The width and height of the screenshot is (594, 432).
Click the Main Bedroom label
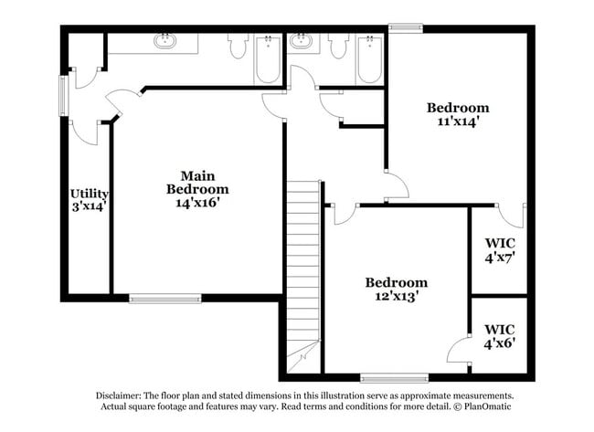pyautogui.click(x=197, y=183)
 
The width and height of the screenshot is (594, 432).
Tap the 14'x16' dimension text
pyautogui.click(x=197, y=203)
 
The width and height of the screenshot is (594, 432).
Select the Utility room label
pyautogui.click(x=90, y=194)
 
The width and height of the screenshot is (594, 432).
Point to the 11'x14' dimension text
pyautogui.click(x=459, y=121)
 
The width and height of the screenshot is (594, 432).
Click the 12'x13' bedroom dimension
pyautogui.click(x=397, y=296)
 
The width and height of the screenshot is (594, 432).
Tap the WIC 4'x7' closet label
pyautogui.click(x=500, y=250)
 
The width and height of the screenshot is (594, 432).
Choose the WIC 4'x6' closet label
pyautogui.click(x=500, y=336)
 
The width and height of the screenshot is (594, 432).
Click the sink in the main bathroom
pyautogui.click(x=164, y=40)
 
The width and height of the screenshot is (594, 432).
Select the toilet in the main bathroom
pyautogui.click(x=238, y=46)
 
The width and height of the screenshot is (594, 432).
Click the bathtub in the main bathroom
pyautogui.click(x=268, y=59)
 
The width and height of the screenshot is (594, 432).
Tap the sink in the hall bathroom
pyautogui.click(x=302, y=40)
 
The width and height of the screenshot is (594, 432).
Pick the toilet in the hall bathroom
pyautogui.click(x=338, y=46)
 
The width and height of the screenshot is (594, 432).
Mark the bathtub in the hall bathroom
pyautogui.click(x=370, y=59)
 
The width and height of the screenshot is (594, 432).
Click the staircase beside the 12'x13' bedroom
pyautogui.click(x=303, y=277)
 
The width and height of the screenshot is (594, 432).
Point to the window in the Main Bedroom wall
pyautogui.click(x=164, y=299)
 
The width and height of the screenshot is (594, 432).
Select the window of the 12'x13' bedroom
pyautogui.click(x=395, y=378)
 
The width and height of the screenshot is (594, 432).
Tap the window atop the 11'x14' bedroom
pyautogui.click(x=406, y=28)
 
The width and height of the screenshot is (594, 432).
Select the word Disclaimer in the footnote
pyautogui.click(x=119, y=395)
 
